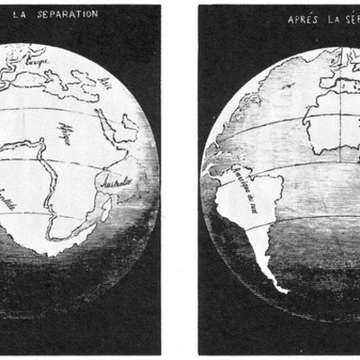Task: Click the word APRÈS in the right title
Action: pos(302,18)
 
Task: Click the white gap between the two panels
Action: pos(180,180)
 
